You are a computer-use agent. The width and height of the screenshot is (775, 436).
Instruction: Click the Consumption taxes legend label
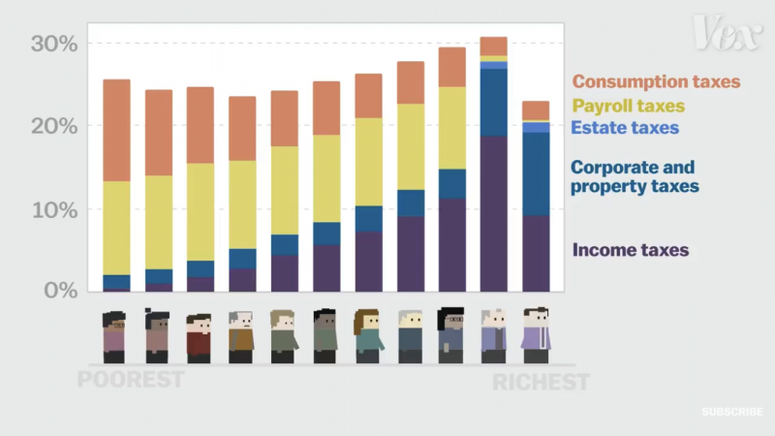(x=656, y=82)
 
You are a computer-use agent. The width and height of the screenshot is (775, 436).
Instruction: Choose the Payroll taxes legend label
(x=628, y=106)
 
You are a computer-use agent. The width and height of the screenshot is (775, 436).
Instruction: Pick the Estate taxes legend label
(x=625, y=127)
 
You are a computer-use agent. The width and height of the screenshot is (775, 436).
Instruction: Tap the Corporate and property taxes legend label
(x=635, y=175)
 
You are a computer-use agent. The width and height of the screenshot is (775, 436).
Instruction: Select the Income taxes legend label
(x=631, y=250)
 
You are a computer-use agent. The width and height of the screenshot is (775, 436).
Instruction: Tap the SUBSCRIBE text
(x=732, y=412)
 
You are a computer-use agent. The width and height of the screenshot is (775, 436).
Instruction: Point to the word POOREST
(x=130, y=379)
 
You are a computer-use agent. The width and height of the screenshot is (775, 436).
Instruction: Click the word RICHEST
(x=541, y=382)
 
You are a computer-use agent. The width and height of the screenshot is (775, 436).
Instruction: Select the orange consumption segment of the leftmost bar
(x=116, y=130)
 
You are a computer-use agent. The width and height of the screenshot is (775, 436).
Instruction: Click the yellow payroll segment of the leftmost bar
(x=116, y=228)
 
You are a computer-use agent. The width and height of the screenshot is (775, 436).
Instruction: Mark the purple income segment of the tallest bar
(x=494, y=213)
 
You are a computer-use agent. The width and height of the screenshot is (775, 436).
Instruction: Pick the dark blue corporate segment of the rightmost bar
(x=536, y=173)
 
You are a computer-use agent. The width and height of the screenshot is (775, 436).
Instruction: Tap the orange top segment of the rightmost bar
(x=536, y=109)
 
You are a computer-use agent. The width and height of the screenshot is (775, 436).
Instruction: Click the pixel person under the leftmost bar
(x=115, y=336)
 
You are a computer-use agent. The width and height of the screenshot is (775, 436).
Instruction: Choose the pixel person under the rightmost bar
(x=536, y=335)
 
